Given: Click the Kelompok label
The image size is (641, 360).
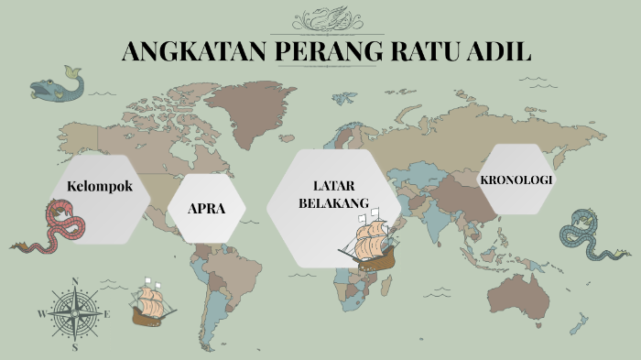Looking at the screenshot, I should pyautogui.click(x=100, y=186).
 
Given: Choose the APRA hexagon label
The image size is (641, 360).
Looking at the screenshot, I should pyautogui.click(x=207, y=209).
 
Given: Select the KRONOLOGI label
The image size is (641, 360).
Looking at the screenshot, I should pyautogui.click(x=516, y=180).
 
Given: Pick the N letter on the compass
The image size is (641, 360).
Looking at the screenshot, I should pyautogui.click(x=75, y=282).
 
